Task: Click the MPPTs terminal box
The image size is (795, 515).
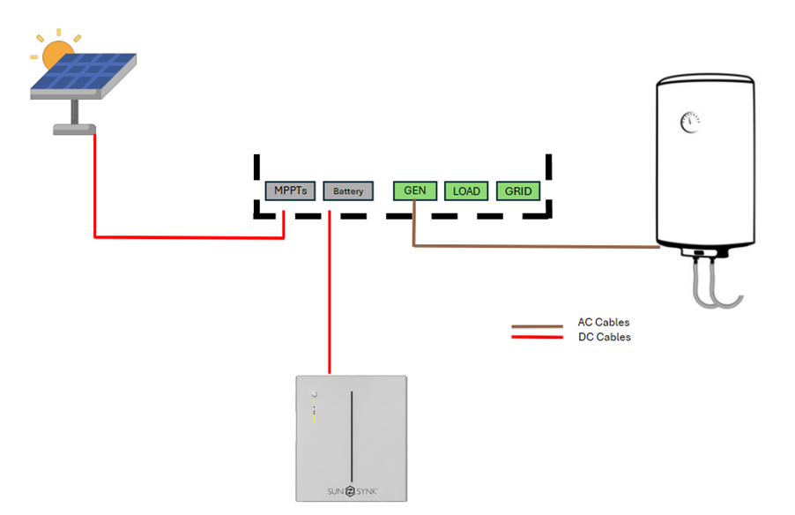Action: (290, 190)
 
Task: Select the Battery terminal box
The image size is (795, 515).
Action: (348, 190)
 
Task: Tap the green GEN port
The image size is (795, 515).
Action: (414, 190)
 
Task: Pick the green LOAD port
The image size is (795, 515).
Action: (466, 190)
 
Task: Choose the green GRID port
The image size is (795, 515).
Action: (518, 190)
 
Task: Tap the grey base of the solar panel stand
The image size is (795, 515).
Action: (74, 129)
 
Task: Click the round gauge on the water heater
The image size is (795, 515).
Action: (688, 123)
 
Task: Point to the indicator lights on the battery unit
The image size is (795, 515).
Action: (313, 406)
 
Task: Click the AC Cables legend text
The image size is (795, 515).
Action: (604, 323)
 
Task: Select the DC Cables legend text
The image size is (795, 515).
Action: (604, 337)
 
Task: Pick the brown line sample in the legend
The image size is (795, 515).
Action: (537, 326)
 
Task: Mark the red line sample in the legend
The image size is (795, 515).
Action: (537, 336)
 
